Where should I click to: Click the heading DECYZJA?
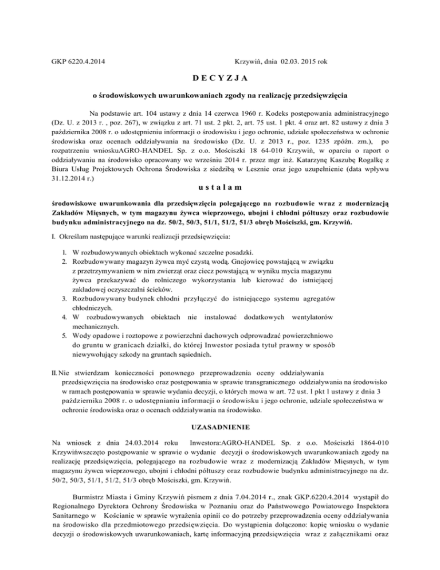tap(220, 78)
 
